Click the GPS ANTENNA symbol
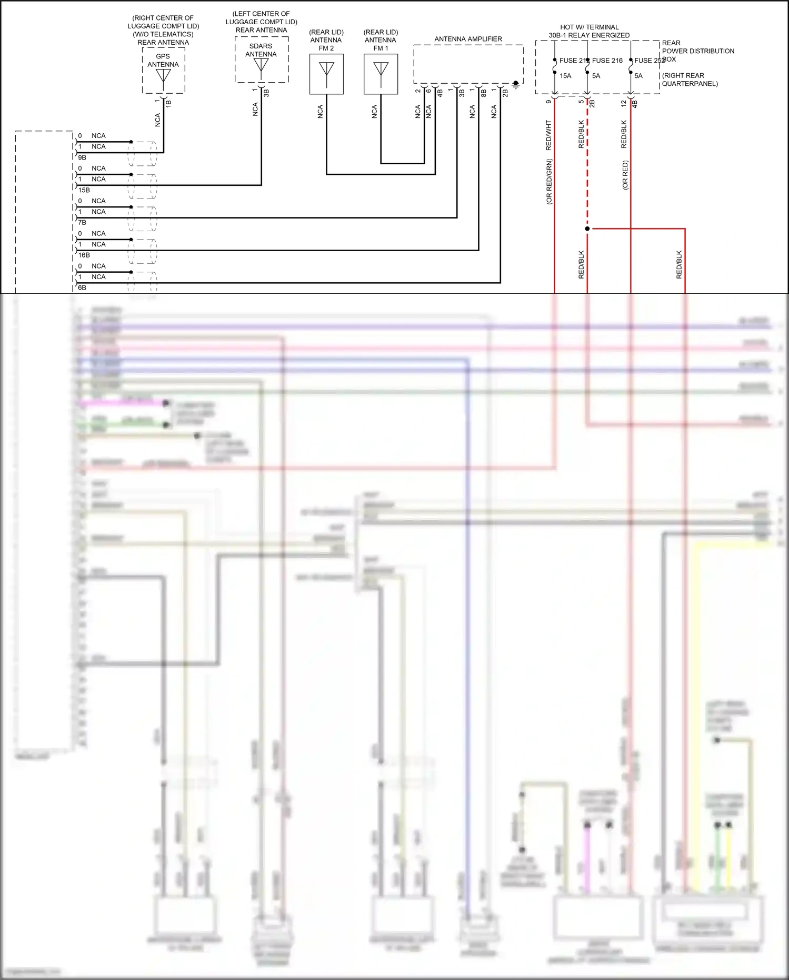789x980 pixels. click(x=163, y=78)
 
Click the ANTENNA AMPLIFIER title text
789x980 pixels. click(x=468, y=39)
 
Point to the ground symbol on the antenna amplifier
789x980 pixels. click(x=516, y=84)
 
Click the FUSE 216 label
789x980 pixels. click(x=607, y=61)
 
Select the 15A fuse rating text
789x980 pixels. click(x=565, y=76)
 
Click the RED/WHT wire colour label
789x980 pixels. click(x=548, y=135)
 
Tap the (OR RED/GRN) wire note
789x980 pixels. click(x=548, y=182)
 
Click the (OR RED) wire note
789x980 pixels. click(x=625, y=175)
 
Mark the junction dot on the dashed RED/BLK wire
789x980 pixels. click(x=587, y=229)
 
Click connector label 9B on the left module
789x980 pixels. click(x=82, y=157)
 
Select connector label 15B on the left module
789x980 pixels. click(x=84, y=190)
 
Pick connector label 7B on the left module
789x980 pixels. click(x=82, y=223)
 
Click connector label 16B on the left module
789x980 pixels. click(x=84, y=255)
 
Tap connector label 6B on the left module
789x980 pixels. click(x=82, y=288)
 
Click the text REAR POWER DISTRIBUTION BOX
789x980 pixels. click(x=697, y=51)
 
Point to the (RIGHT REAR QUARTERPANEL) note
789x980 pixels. click(x=690, y=80)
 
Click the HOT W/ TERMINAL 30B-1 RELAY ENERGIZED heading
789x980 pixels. click(x=589, y=31)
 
